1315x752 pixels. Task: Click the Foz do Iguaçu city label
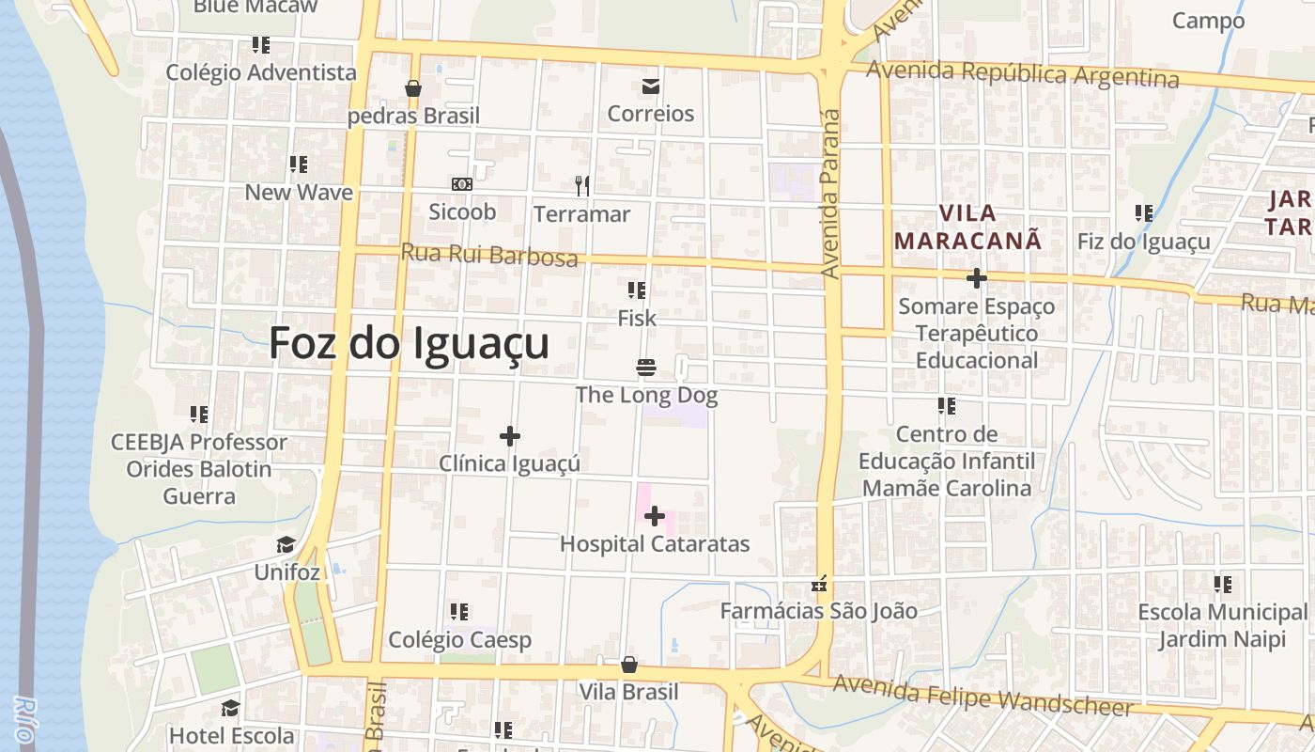coord(409,343)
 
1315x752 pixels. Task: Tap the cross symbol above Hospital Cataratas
coord(655,516)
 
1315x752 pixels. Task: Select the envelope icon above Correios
coord(650,87)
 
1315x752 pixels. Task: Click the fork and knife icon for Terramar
coord(582,186)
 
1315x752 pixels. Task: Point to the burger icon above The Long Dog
coord(646,367)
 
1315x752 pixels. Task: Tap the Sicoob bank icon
coord(461,185)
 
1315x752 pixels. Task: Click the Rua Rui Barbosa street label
coord(488,255)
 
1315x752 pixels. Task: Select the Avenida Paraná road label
coord(829,193)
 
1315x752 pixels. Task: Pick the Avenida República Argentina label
coord(1022,73)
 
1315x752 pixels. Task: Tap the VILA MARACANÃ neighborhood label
coord(967,227)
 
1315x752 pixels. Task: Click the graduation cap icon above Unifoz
coord(286,545)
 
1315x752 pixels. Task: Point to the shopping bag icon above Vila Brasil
coord(628,666)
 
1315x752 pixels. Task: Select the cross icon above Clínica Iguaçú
coord(510,436)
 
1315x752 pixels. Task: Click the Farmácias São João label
coord(818,611)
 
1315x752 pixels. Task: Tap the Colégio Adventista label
coord(261,72)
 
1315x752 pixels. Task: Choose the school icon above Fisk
coord(637,290)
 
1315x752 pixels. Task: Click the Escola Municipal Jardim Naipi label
coord(1222,626)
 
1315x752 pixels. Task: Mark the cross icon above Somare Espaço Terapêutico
coord(976,278)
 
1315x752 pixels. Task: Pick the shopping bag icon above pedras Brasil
coord(412,88)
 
